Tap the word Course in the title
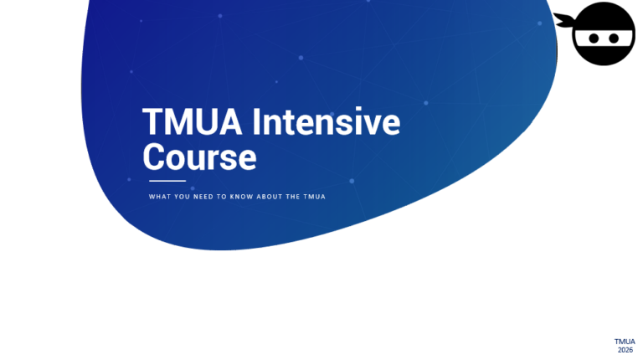(x=199, y=157)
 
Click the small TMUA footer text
(x=625, y=342)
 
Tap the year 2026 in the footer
(x=625, y=350)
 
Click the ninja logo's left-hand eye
(x=593, y=38)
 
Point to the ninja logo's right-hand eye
(x=615, y=38)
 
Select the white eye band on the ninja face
(x=604, y=38)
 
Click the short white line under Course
(x=167, y=180)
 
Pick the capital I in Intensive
(x=256, y=122)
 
